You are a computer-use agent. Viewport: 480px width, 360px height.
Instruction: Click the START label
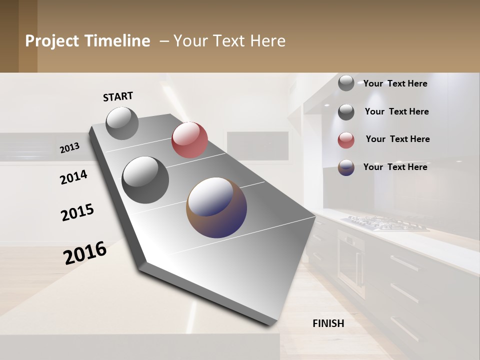pos(118,96)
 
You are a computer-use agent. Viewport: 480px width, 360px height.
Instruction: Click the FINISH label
pos(328,323)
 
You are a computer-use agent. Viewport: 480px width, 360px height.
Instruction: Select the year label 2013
pos(69,148)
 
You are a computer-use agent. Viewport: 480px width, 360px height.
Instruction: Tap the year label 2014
pos(74,177)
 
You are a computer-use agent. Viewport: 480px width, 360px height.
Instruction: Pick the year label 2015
pos(77,212)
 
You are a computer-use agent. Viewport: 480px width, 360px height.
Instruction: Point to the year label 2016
pos(85,252)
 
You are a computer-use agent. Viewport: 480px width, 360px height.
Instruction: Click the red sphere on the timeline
pos(189,139)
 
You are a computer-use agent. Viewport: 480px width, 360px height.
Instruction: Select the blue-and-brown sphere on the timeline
pos(216,207)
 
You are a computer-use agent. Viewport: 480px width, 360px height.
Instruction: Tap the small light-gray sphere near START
pos(122,123)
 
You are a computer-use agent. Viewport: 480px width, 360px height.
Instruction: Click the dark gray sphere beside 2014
pos(145,179)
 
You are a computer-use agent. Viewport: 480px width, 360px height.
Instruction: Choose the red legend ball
pos(346,140)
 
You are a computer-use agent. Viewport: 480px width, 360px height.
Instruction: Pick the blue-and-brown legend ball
pos(346,167)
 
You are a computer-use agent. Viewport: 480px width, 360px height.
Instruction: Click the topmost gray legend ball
pos(346,83)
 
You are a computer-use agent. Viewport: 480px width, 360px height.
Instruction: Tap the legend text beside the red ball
pos(397,139)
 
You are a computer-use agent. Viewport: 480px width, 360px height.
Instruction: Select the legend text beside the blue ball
pos(395,167)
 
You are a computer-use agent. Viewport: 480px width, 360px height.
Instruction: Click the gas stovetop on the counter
pos(385,223)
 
